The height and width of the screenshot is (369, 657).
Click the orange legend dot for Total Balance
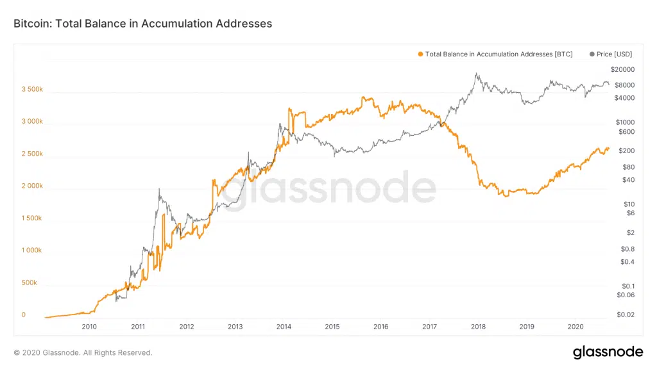pos(420,54)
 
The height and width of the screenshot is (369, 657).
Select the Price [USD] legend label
pos(614,54)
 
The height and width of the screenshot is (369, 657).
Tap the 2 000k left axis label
pos(31,186)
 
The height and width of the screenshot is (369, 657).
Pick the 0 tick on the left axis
pos(23,315)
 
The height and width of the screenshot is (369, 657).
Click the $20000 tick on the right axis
pos(622,69)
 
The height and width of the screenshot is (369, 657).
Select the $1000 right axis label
pos(624,122)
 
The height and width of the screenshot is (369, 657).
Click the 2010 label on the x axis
pos(89,327)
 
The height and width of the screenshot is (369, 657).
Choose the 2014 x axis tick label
pos(284,327)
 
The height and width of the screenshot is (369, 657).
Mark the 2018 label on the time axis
pos(478,327)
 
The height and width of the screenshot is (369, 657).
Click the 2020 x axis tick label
pos(576,327)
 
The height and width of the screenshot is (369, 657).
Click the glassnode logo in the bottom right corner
pos(607,352)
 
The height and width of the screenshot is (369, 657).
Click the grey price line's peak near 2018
pos(476,74)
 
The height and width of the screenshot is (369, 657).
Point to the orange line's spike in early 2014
pos(290,110)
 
